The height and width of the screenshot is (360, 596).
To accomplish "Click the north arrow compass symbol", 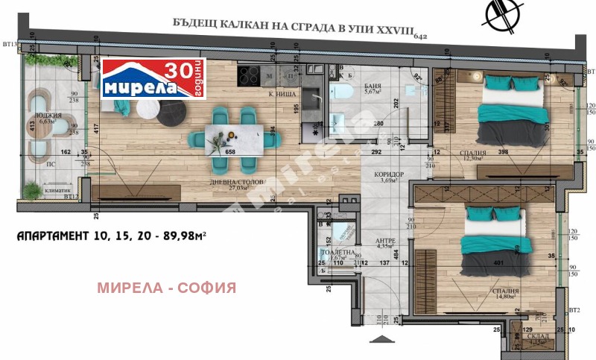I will (x=500, y=16).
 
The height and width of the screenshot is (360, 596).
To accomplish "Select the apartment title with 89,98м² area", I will (x=111, y=237).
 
